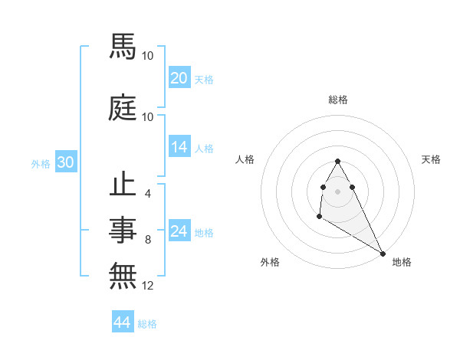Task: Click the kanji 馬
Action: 123,48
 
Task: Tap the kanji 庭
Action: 123,108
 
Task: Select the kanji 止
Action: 123,186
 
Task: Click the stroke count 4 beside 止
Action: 147,194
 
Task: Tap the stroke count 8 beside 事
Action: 147,240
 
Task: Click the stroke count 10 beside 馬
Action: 148,56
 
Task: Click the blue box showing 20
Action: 179,79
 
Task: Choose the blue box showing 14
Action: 179,148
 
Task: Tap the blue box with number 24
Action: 179,232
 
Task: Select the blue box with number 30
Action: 65,163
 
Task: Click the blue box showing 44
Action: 122,323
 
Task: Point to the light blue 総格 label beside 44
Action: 147,325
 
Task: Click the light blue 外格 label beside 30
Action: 41,164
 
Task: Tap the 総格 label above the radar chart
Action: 337,100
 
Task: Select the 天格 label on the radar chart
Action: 431,159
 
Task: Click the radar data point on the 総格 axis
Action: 337,161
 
